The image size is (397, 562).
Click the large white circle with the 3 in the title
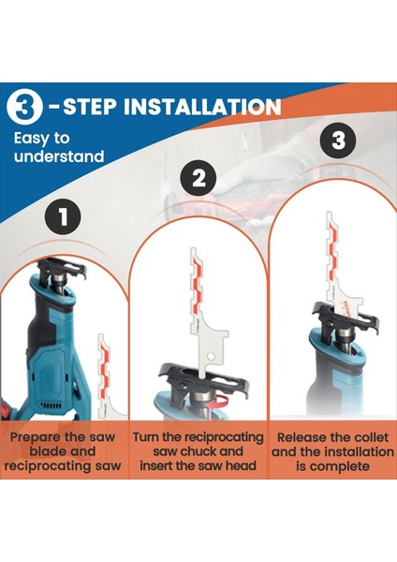click(24, 107)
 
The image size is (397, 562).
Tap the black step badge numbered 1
click(63, 217)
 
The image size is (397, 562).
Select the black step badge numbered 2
click(198, 178)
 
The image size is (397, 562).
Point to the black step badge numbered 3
click(338, 140)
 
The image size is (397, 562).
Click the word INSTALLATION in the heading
click(202, 107)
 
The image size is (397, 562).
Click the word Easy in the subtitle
click(31, 139)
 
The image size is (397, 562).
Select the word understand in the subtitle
click(59, 156)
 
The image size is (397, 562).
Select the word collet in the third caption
click(371, 437)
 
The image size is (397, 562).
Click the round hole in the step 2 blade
click(211, 356)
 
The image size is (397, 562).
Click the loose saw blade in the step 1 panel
click(110, 377)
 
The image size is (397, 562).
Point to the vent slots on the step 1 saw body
click(51, 406)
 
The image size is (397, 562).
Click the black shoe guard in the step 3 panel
click(346, 318)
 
